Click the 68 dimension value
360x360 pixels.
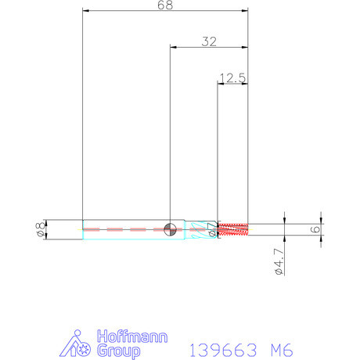click(165, 5)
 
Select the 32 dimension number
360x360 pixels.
click(209, 41)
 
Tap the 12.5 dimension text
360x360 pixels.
click(232, 78)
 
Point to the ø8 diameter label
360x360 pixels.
click(41, 229)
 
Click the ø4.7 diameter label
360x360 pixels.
click(279, 261)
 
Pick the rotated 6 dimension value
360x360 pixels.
click(315, 229)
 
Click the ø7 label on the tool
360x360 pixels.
click(212, 229)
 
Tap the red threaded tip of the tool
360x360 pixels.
click(232, 229)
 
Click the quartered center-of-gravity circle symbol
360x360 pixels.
click(170, 229)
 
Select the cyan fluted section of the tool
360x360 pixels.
click(201, 229)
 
